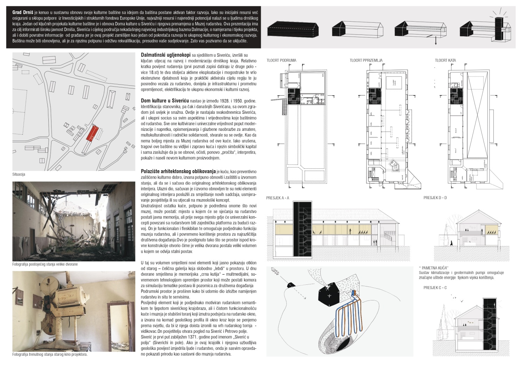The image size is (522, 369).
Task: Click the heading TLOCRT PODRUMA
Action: point(282,60)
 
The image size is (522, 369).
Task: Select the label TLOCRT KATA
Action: point(445,60)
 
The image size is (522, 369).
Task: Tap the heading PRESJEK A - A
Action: point(278,198)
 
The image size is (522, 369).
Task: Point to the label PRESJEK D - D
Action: point(435,198)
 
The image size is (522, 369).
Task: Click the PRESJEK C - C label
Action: point(435,288)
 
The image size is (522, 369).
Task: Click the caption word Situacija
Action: point(19,174)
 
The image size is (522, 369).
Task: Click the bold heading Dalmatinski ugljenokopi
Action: point(166,55)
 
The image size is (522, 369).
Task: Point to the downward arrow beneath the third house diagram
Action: point(435,41)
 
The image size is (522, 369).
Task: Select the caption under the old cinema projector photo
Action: point(50,355)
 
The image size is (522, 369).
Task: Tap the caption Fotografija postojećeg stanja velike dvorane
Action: point(45,264)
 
